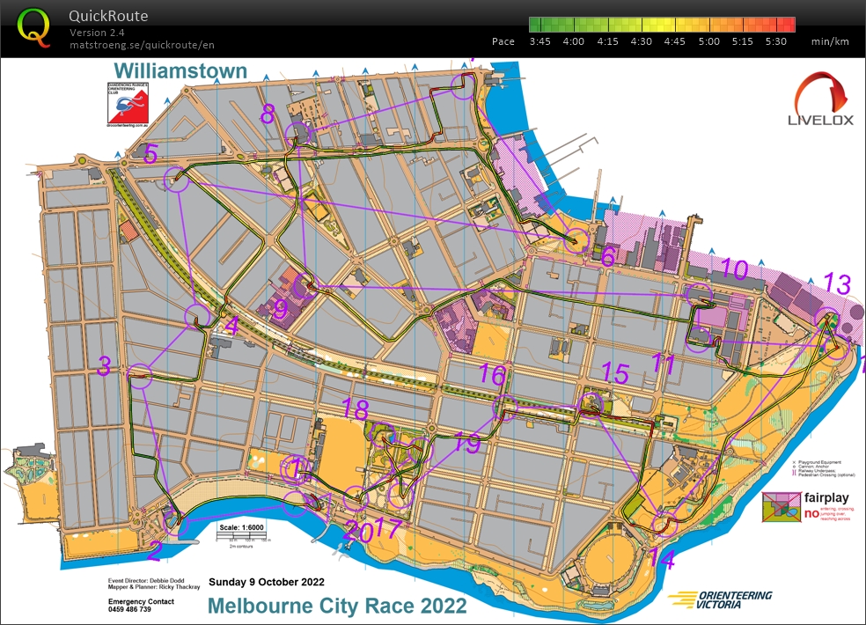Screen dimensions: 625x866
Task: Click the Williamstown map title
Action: click(x=180, y=71)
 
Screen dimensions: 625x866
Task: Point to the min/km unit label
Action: click(x=830, y=41)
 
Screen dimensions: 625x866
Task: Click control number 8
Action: click(x=268, y=113)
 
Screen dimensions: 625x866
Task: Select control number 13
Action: click(x=838, y=283)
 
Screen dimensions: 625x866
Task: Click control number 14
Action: click(x=663, y=558)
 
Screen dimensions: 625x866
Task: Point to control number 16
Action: click(x=493, y=376)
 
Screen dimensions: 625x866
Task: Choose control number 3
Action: click(x=104, y=366)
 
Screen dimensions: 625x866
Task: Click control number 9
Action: click(x=281, y=309)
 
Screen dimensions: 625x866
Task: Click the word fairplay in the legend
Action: click(x=820, y=497)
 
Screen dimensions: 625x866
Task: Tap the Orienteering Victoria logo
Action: click(x=720, y=599)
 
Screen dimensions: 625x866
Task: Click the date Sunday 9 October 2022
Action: click(x=266, y=582)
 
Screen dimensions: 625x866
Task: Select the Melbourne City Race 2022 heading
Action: click(x=337, y=606)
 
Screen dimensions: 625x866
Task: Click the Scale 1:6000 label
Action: click(x=240, y=527)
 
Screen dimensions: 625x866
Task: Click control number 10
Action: click(x=733, y=268)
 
